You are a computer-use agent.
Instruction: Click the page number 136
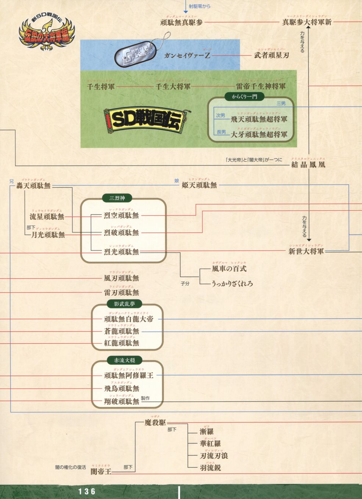pos(87,491)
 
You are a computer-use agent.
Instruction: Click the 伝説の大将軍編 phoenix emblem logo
pos(47,32)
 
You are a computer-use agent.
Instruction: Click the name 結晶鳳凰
pos(308,164)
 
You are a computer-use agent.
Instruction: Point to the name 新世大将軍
pos(306,251)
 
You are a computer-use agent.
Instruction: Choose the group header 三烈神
pos(117,198)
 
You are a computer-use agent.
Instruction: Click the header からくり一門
pos(244,97)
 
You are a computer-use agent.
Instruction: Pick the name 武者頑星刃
pos(272,55)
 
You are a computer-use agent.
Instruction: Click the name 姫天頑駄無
pos(199,185)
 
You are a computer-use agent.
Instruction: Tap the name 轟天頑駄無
pos(33,186)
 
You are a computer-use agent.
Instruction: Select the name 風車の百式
pos(229,269)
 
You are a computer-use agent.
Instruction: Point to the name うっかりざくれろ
pos(232,283)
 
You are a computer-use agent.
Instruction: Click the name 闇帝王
pos(101,471)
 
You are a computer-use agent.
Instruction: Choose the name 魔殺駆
pos(155,423)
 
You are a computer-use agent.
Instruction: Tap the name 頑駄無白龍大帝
pos(129,319)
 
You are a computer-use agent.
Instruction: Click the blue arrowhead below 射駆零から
pos(186,12)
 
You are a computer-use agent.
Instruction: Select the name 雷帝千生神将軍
pos(261,87)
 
